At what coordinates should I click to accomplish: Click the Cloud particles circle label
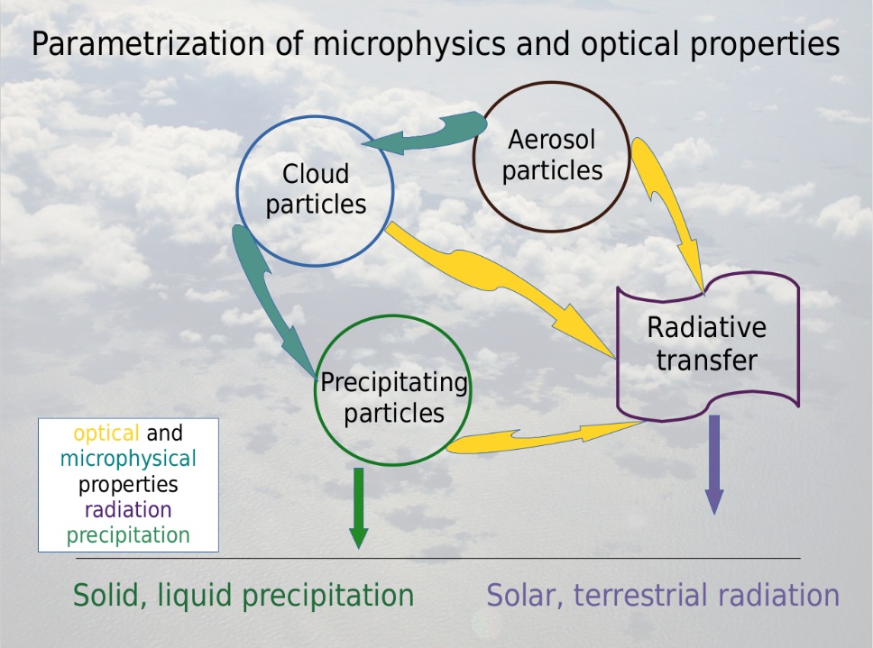coord(316,188)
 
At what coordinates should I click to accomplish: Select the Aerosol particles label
coord(552,155)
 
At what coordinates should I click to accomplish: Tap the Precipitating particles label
coord(393,397)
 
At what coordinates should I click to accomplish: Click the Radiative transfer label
coord(706,343)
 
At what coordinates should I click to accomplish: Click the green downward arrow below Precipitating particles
coord(359,508)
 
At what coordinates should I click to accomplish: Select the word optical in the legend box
coord(106,434)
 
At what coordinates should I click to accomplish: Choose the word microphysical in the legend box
coord(128,459)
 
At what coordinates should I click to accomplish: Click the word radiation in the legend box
coord(128,509)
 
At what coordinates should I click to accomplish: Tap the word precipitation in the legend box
coord(128,535)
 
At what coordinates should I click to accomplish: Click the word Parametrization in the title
coord(148,44)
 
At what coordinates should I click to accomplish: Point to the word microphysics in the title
coord(409,44)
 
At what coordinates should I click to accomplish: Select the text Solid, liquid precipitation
coord(244,595)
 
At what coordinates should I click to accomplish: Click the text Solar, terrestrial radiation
coord(663,595)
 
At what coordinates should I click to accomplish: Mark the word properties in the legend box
coord(128,485)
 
